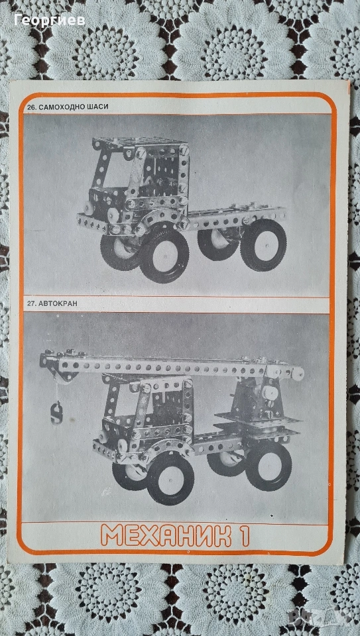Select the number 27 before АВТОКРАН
[x=32, y=304]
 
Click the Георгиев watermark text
[x=50, y=21]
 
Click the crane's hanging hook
[x=57, y=413]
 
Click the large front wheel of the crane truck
[x=170, y=480]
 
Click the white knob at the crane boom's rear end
[x=298, y=373]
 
